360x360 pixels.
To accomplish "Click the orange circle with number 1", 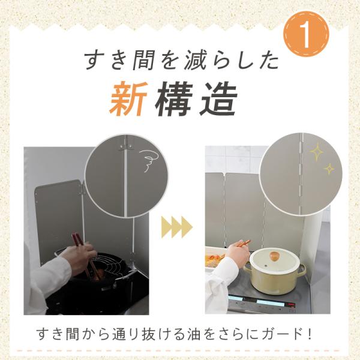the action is tap(306, 34).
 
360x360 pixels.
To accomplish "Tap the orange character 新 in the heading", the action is tap(129, 99).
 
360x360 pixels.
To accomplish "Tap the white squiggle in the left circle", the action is tap(148, 160).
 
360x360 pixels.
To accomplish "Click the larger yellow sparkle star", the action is tap(317, 151).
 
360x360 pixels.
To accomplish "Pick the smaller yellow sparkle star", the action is tap(329, 169).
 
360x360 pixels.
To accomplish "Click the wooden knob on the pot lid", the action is tap(274, 256).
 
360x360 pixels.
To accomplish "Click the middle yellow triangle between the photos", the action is tap(176, 227).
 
